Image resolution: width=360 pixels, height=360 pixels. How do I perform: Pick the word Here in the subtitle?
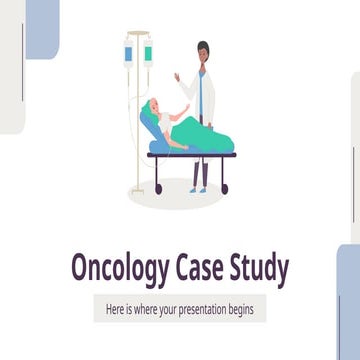116,309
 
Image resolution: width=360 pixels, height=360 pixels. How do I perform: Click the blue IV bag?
130,52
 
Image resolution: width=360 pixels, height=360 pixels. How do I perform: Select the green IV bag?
147,52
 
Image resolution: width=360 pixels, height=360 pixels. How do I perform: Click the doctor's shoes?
203,188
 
